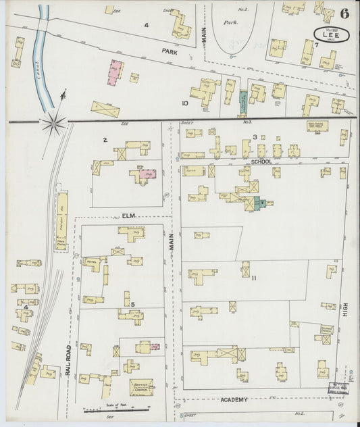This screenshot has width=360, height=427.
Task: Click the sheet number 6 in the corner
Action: pos(345,14)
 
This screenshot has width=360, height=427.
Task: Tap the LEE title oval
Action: pos(332,35)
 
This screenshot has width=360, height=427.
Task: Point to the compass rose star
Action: pos(53,123)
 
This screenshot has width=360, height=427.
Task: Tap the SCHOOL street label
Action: pos(260,162)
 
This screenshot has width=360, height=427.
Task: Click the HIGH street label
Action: pos(345,310)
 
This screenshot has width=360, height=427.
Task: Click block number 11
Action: pos(253,278)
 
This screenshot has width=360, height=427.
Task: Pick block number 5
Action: pos(132,304)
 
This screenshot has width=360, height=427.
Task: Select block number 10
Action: pos(184,103)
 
